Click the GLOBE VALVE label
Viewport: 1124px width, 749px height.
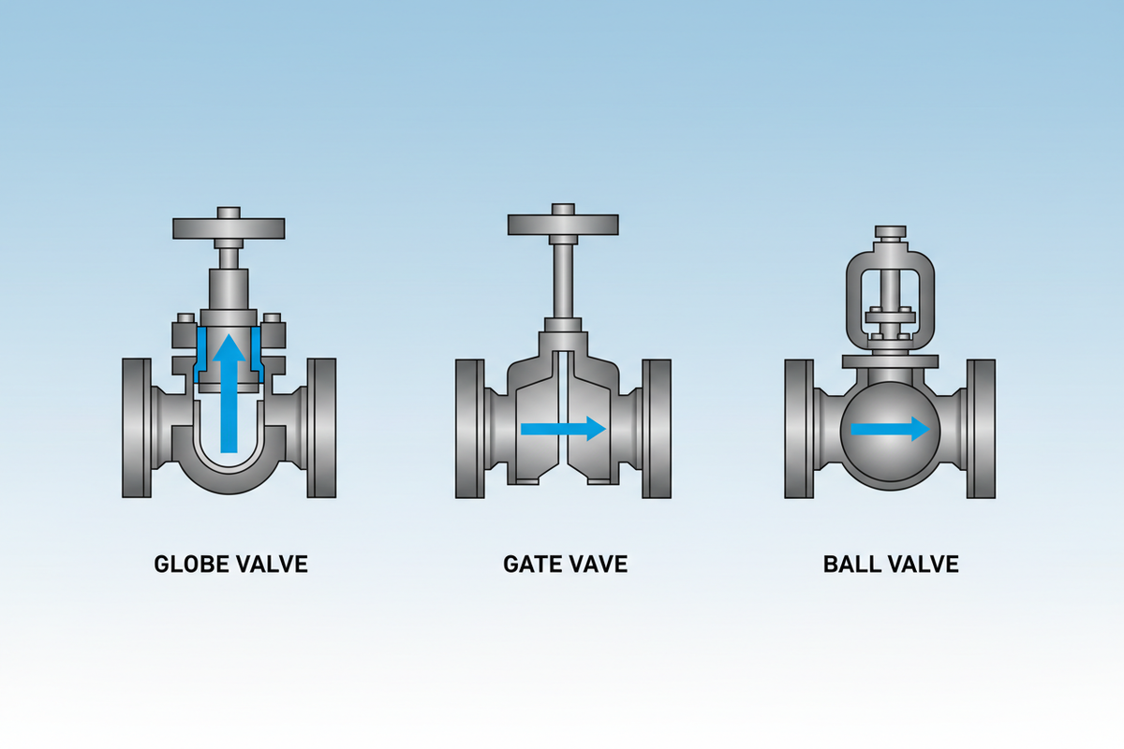(x=230, y=565)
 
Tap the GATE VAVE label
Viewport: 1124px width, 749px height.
(x=565, y=565)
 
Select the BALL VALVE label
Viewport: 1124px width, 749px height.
(x=891, y=565)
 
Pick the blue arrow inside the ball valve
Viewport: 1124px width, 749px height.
(x=890, y=430)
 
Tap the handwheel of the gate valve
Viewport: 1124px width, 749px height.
(x=563, y=224)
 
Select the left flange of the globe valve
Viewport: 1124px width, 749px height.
(x=136, y=427)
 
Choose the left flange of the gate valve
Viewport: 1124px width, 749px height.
(x=468, y=427)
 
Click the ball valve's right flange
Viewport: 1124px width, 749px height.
(x=982, y=427)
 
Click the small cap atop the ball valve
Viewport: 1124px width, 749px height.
(x=890, y=231)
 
